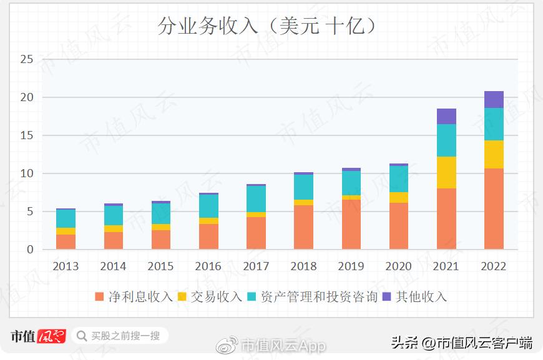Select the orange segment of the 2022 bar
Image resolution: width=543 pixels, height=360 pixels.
point(493,208)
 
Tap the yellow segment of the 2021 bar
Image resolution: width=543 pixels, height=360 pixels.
point(446,172)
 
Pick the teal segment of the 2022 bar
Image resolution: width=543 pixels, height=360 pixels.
point(493,124)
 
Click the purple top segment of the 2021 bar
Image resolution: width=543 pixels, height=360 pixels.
point(446,116)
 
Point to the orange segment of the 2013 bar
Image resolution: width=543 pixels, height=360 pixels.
point(66,242)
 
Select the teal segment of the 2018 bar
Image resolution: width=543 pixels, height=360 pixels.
point(303,187)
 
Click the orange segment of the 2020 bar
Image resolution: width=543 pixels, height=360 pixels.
point(399,226)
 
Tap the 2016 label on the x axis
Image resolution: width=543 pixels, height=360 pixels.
point(208,266)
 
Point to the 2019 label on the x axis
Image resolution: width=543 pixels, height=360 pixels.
point(351,266)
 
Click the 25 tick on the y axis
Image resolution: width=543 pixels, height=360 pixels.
point(26,59)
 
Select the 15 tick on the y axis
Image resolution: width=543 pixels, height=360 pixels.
point(26,135)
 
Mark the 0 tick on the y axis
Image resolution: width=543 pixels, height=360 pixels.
point(29,250)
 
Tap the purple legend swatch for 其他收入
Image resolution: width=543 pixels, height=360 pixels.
point(386,297)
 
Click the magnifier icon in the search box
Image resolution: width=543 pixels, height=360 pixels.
point(82,336)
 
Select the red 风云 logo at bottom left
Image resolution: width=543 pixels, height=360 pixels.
point(52,336)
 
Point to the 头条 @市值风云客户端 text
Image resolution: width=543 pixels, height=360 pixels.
point(461,343)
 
